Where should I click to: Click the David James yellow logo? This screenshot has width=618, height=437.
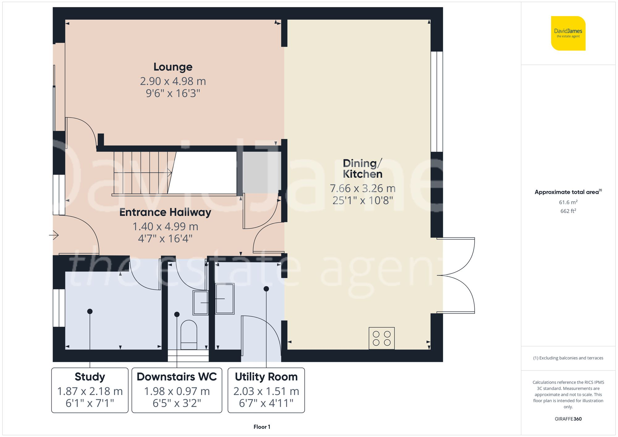pos(568,33)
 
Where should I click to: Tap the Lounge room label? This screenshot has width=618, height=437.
pos(173,67)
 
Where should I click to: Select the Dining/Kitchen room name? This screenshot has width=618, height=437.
pos(362,169)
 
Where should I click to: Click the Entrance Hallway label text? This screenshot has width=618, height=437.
pos(165,212)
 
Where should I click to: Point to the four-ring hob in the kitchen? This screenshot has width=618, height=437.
pos(381,338)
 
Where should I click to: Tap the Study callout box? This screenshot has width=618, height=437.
pos(90,390)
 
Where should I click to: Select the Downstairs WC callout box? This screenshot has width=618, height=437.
pos(177,390)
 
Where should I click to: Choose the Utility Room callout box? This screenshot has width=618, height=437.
pos(266,390)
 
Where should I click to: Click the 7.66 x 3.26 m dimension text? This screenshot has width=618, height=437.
pos(362,188)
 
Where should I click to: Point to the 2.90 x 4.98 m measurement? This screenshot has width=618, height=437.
pos(173,81)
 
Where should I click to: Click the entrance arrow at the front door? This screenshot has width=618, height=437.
pos(54,235)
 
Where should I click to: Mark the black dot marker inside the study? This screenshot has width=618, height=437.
pos(90,311)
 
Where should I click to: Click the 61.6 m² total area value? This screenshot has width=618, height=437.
pos(568,202)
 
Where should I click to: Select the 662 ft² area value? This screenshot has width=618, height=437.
pos(568,211)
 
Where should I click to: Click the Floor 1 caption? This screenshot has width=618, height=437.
pos(262,427)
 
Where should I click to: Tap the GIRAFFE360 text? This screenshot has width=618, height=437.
pos(568,419)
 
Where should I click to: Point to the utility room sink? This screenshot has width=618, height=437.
pos(225,299)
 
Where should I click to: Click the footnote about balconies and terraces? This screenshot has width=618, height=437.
pos(568,358)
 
